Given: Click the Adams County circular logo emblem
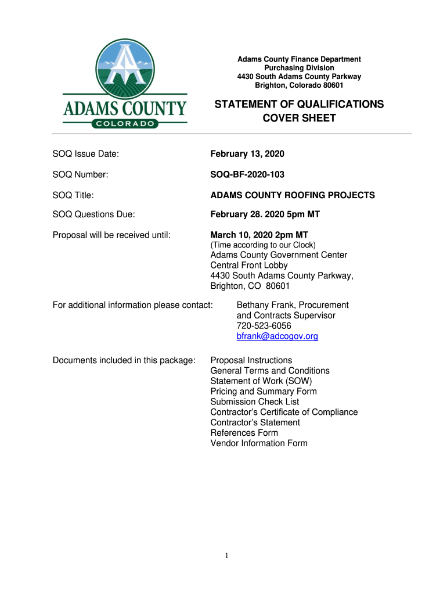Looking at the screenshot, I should [125, 68].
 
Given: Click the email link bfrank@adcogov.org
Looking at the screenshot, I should [277, 336].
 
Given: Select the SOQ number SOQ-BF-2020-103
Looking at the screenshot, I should [247, 174].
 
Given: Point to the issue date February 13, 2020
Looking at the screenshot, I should [247, 154].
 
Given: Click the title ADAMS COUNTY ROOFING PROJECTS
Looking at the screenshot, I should [292, 195].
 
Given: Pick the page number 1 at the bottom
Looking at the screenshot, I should [228, 556].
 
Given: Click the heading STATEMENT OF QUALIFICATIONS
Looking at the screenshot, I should [299, 105].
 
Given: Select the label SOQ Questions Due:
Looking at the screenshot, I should [94, 214].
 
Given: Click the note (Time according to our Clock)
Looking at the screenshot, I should [263, 245].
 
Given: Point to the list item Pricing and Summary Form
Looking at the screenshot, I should [264, 392].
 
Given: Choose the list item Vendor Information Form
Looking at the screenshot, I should [259, 443].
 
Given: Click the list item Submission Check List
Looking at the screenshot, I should [255, 402].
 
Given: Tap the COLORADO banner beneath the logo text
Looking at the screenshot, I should [125, 123].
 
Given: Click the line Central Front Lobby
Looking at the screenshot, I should [249, 266].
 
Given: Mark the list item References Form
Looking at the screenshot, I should [244, 433].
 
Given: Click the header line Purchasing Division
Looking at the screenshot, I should [299, 68].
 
